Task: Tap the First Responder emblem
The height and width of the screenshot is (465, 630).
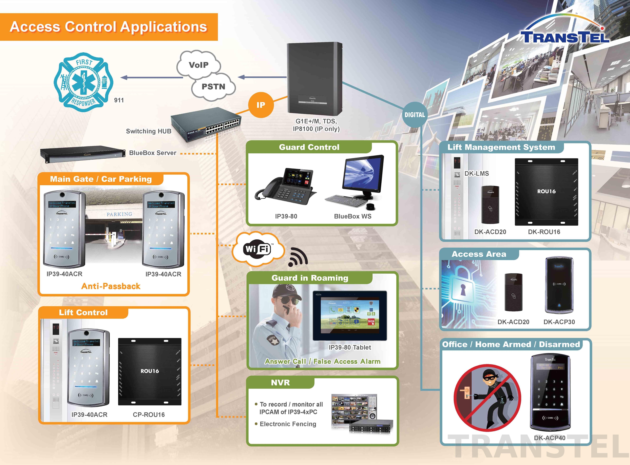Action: click(84, 82)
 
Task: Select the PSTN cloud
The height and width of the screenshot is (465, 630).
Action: click(213, 87)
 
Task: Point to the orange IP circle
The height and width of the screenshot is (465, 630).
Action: click(261, 105)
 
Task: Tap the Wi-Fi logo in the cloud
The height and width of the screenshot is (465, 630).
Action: click(257, 249)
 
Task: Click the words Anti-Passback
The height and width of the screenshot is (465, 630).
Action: click(111, 286)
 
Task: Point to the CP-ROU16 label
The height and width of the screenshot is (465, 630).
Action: click(149, 415)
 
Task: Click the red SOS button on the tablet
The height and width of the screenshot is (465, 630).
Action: click(371, 321)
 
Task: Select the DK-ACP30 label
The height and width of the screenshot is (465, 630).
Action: click(559, 322)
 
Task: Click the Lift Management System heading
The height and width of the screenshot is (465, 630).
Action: click(501, 147)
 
